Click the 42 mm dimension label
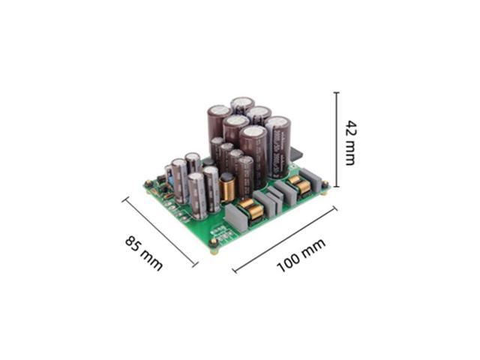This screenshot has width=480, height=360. [x=351, y=143]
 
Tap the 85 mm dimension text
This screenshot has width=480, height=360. [x=143, y=253]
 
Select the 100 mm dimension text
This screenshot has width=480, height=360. [x=301, y=256]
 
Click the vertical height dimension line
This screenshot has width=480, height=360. [x=337, y=139]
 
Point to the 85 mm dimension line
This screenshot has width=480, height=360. [x=160, y=232]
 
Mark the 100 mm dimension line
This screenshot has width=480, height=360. [x=285, y=240]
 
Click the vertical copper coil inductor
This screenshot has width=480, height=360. [x=227, y=188]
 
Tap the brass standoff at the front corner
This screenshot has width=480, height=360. [x=214, y=245]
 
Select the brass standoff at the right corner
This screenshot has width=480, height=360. [x=325, y=187]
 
